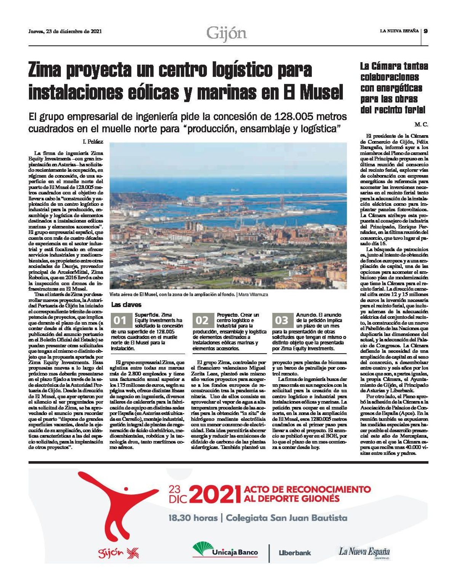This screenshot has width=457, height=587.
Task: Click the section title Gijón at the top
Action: pos(227,33)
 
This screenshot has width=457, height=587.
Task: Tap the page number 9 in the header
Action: pos(426,31)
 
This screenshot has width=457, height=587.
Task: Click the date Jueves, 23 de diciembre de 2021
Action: pos(65,32)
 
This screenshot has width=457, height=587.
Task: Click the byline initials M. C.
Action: pos(422,124)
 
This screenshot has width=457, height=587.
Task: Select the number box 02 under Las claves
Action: pos(202,320)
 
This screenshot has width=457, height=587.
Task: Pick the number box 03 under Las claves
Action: pos(282,320)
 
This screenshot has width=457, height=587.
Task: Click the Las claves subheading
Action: pos(126,305)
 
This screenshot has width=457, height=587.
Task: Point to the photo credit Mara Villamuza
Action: pos(256,295)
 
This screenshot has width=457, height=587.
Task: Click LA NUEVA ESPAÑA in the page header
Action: pos(399,31)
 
